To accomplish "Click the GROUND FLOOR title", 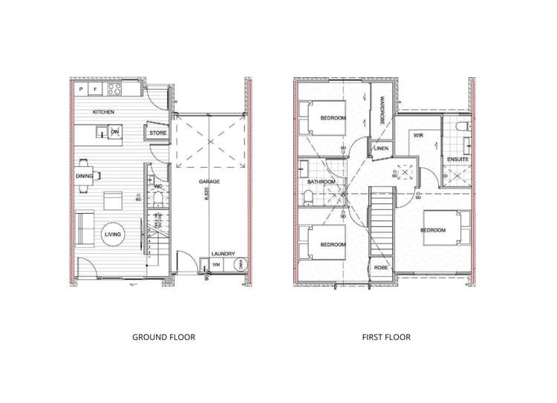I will tap(163, 337).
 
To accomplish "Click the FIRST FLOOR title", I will tap(386, 337).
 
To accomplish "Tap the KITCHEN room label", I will tap(103, 112).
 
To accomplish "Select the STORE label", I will tap(157, 134).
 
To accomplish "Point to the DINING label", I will tap(84, 176).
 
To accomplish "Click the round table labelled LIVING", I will tap(113, 235).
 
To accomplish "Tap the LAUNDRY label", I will tap(223, 253).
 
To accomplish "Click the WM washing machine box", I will tap(217, 265).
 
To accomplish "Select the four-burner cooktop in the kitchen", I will tap(114, 89).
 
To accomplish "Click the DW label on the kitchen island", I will tap(114, 132).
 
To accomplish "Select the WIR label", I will tap(418, 136).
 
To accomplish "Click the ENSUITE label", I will tap(457, 160).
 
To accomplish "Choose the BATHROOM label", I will tap(322, 182).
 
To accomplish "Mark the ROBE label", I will tap(381, 268).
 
